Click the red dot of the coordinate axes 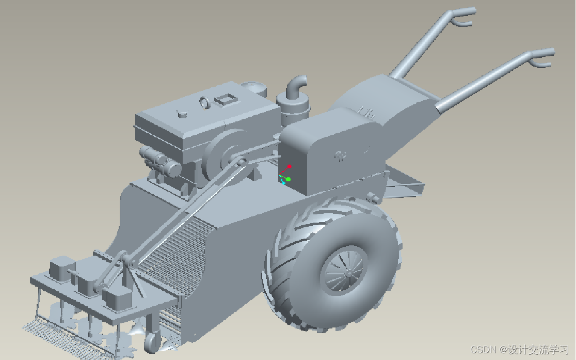pyautogui.click(x=290, y=167)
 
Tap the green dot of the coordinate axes pyautogui.click(x=289, y=179)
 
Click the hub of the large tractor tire pyautogui.click(x=347, y=274)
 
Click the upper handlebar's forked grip pyautogui.click(x=463, y=16)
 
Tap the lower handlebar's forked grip pyautogui.click(x=541, y=58)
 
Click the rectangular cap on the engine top pyautogui.click(x=225, y=99)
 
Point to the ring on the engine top pyautogui.click(x=204, y=103)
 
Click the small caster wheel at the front pyautogui.click(x=152, y=341)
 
